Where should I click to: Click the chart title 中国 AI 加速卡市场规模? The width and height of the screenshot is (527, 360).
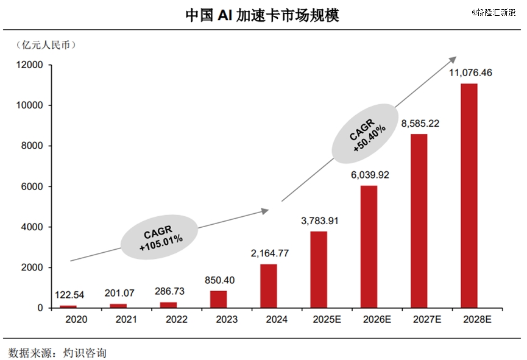pyautogui.click(x=263, y=15)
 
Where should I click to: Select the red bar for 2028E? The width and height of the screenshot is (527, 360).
pyautogui.click(x=469, y=195)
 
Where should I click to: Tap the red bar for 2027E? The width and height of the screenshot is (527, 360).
pyautogui.click(x=419, y=221)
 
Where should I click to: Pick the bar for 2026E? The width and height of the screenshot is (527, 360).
pyautogui.click(x=369, y=246)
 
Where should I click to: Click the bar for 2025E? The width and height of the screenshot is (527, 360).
pyautogui.click(x=319, y=269)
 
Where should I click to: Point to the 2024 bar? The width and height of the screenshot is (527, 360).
pyautogui.click(x=269, y=286)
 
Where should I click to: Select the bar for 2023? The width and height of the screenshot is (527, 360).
pyautogui.click(x=219, y=299)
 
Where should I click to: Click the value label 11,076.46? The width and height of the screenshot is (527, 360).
pyautogui.click(x=470, y=73)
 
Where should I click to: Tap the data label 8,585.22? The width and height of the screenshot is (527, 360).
pyautogui.click(x=420, y=124)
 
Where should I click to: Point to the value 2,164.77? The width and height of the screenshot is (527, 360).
pyautogui.click(x=269, y=253)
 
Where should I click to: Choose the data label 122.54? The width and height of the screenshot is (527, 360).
pyautogui.click(x=69, y=295)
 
